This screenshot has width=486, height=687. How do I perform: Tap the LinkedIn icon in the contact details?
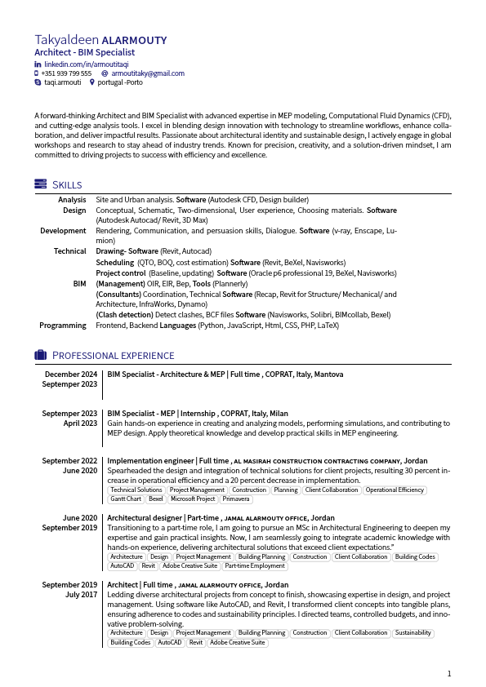[x=38, y=64]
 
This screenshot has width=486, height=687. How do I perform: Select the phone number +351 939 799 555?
[x=66, y=73]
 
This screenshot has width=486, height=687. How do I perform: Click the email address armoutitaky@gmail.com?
[x=148, y=73]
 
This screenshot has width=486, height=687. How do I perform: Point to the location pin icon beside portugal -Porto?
[x=91, y=82]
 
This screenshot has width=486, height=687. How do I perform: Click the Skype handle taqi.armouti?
[x=62, y=82]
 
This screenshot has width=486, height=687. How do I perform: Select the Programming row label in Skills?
[x=63, y=326]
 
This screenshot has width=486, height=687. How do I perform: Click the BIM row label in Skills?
[x=79, y=283]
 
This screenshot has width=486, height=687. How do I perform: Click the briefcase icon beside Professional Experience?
[x=40, y=355]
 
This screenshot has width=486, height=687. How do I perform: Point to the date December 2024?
[x=71, y=375]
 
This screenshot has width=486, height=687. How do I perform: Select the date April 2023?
[x=80, y=423]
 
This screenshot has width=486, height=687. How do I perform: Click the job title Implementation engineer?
[x=150, y=461]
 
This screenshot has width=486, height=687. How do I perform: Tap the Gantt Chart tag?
[x=126, y=499]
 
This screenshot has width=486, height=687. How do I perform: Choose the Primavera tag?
[x=236, y=499]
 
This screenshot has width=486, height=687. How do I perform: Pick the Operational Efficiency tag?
[x=395, y=490]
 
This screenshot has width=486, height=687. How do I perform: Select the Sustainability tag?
[x=412, y=633]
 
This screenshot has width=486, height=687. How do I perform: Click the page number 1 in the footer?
[x=448, y=674]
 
